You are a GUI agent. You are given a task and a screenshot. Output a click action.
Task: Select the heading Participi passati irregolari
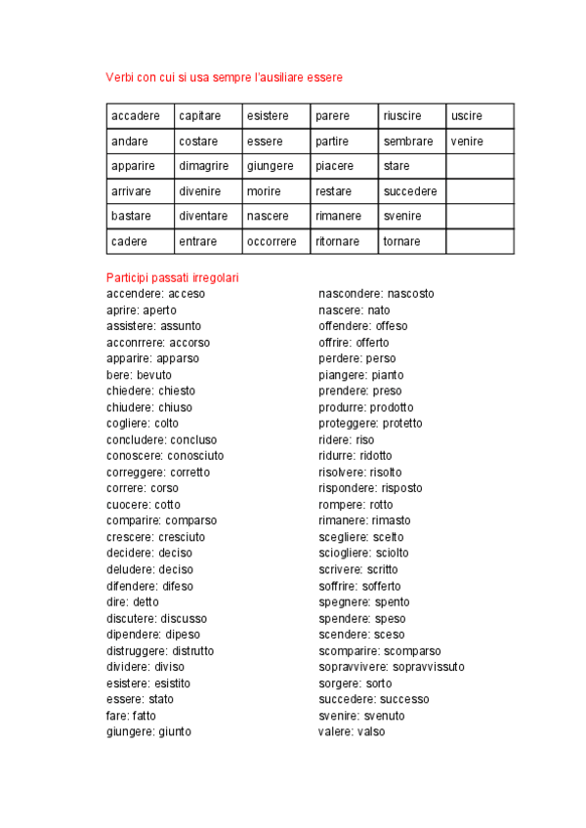172,277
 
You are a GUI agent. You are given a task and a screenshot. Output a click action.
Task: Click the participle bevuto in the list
154,375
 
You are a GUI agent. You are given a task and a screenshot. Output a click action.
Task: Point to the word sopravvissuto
429,667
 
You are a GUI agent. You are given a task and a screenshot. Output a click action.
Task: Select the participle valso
371,731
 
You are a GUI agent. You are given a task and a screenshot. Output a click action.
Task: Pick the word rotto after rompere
381,505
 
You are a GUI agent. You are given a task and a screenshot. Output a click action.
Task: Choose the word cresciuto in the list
183,537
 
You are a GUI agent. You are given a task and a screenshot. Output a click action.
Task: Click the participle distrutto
193,650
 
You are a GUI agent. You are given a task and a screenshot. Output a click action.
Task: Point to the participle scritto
383,569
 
